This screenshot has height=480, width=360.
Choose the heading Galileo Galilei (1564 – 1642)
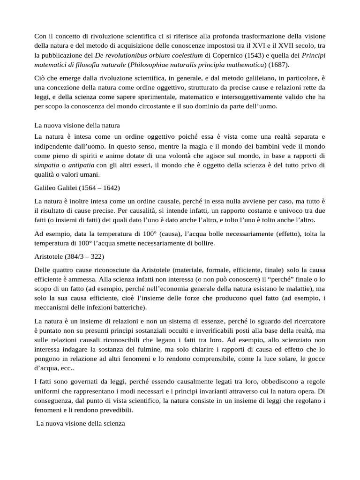[x=77, y=187]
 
